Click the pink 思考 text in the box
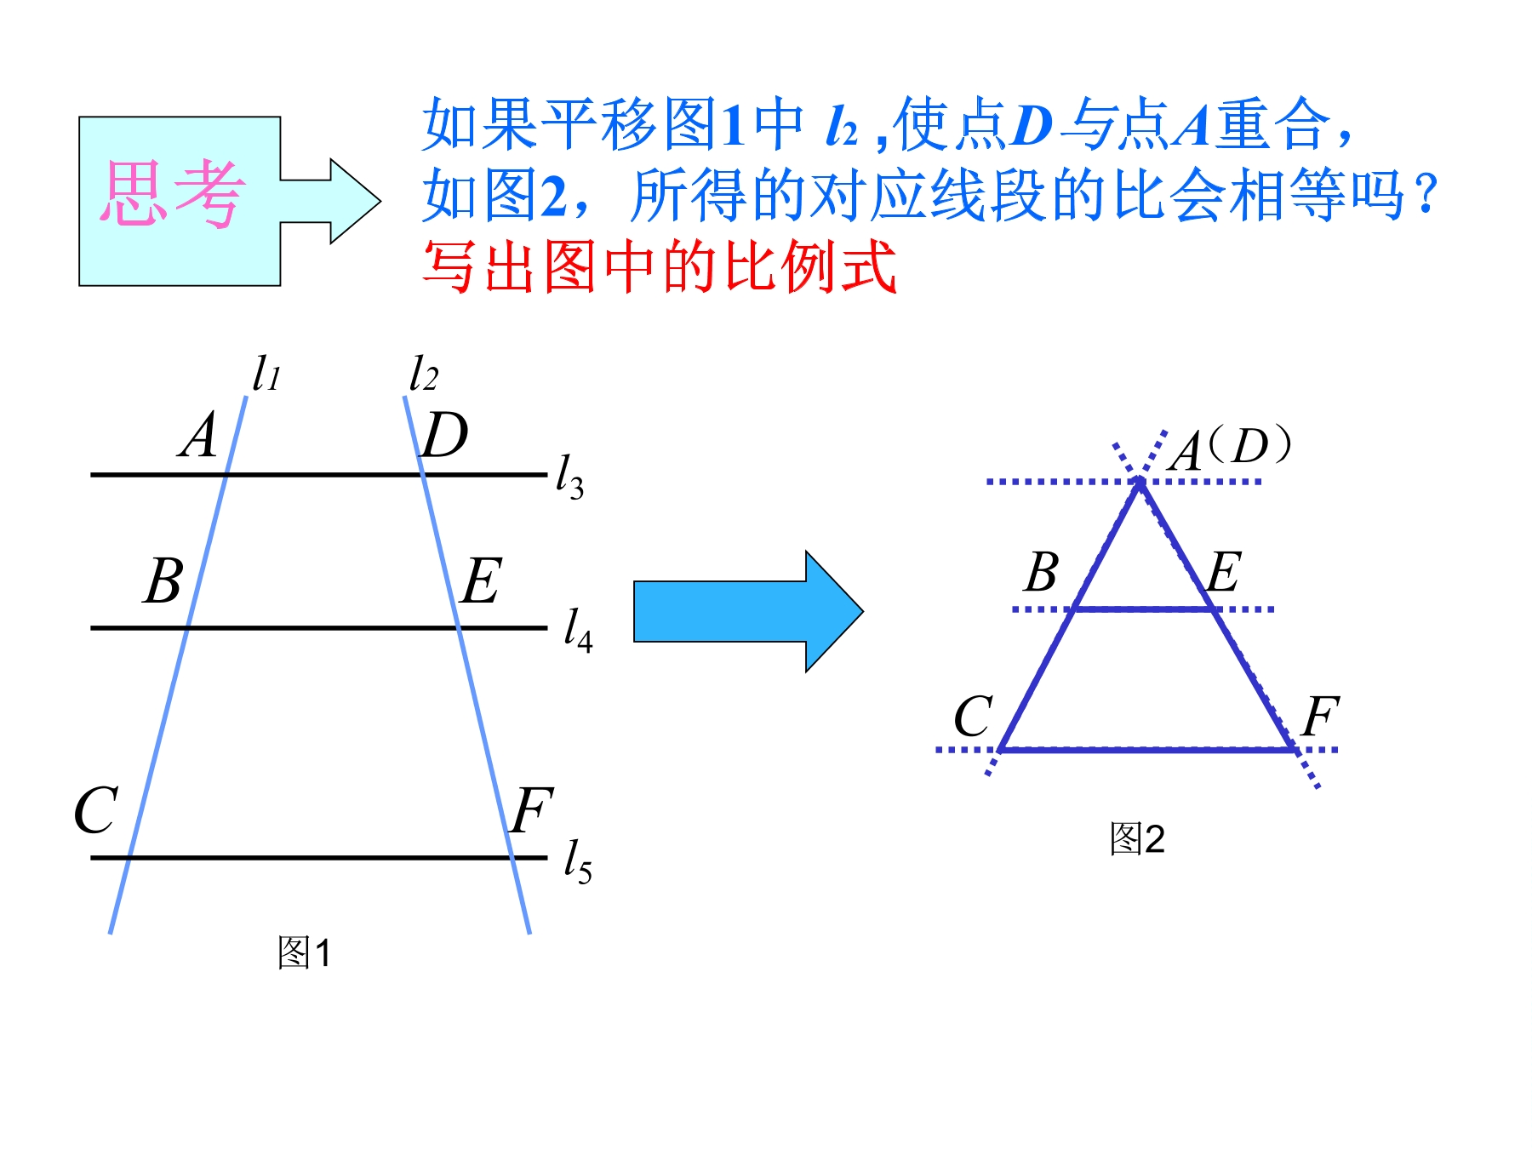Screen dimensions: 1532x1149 point(173,194)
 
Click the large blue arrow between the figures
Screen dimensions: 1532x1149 point(749,611)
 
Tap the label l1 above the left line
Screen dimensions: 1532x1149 point(266,373)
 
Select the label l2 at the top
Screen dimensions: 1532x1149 point(423,373)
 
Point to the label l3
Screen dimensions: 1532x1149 point(569,477)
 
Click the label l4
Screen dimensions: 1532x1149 point(578,629)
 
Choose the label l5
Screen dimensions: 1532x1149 point(578,860)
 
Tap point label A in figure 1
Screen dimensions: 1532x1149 point(198,435)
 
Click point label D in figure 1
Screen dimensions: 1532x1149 point(445,435)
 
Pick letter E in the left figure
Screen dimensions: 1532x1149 point(482,580)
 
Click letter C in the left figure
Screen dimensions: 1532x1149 point(95,809)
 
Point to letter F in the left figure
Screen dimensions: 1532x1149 point(533,809)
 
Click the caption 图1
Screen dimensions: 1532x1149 point(304,952)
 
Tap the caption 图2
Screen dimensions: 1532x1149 point(1136,838)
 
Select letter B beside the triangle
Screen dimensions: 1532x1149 point(1042,572)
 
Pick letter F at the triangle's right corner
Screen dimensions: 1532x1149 point(1321,716)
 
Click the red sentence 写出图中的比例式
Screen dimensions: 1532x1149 point(660,266)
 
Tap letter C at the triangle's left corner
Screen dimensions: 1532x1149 point(973,716)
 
